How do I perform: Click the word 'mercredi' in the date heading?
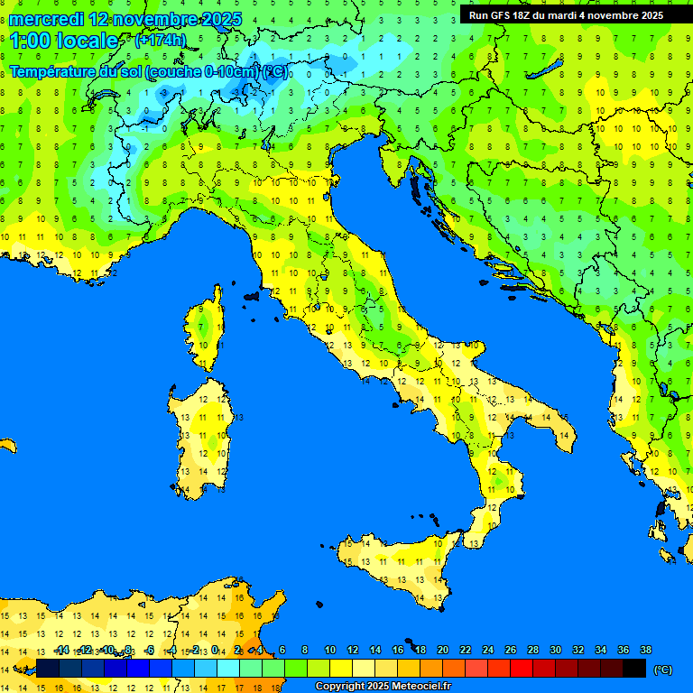(46, 19)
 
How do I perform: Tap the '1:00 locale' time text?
(63, 41)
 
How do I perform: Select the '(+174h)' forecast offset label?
(160, 40)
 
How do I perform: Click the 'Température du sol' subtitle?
(76, 72)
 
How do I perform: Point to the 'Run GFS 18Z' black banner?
(566, 15)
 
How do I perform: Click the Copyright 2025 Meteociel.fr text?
(383, 687)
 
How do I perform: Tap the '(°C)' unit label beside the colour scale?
(662, 669)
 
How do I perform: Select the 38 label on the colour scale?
(645, 650)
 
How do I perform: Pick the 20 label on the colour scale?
(442, 650)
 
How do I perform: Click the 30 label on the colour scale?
(555, 650)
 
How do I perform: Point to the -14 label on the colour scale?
(61, 650)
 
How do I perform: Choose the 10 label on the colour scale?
(329, 650)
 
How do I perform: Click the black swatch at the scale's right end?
(634, 668)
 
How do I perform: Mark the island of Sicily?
(397, 564)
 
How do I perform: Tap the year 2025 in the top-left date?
(204, 19)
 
